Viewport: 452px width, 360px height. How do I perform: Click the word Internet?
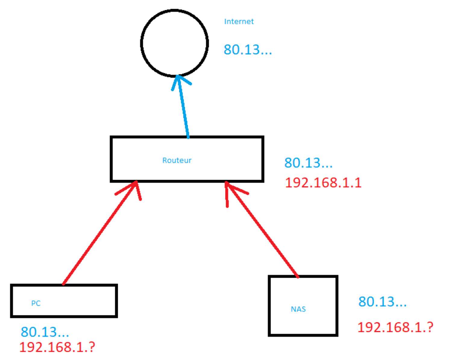[239, 21]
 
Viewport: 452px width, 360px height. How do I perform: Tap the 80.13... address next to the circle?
[247, 49]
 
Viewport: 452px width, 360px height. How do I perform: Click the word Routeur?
[177, 160]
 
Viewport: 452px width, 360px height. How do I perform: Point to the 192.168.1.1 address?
[323, 183]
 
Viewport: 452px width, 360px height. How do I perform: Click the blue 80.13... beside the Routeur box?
[308, 163]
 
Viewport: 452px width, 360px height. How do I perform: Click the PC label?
[36, 303]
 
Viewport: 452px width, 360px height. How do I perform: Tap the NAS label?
[298, 309]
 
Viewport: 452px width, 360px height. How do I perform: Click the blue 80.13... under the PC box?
[45, 332]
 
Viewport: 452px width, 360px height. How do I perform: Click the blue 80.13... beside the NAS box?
[382, 302]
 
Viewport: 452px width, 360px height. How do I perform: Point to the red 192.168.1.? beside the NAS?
[395, 327]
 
